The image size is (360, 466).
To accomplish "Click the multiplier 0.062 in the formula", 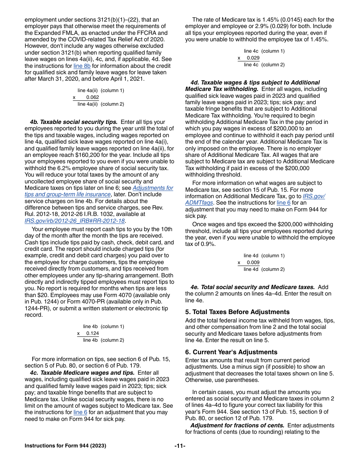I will pyautogui.click(x=92, y=97).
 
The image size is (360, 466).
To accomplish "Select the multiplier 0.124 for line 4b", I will pyautogui.click(x=92, y=333).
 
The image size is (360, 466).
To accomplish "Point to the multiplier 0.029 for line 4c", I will pyautogui.click(x=253, y=58).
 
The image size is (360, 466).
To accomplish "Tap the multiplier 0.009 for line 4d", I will pyautogui.click(x=253, y=263).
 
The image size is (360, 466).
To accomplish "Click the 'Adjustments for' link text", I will pyautogui.click(x=153, y=188).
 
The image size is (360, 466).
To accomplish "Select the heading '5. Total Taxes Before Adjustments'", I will pyautogui.click(x=237, y=312).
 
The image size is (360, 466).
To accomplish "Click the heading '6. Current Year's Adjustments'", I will pyautogui.click(x=231, y=352).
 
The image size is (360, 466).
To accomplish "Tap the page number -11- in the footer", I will pyautogui.click(x=180, y=446).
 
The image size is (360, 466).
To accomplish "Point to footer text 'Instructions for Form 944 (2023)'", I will pyautogui.click(x=65, y=446).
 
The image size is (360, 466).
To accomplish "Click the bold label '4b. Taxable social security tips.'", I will pyautogui.click(x=74, y=122).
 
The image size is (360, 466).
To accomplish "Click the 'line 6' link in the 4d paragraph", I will pyautogui.click(x=283, y=203).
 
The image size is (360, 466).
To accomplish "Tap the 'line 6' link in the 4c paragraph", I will pyautogui.click(x=80, y=413).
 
